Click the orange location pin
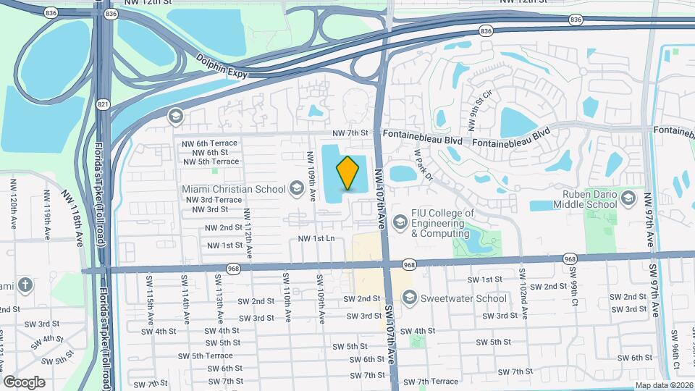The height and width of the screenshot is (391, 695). pos(348,172)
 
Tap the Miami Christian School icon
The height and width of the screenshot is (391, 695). pos(295,189)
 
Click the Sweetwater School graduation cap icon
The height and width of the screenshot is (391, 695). pos(410,298)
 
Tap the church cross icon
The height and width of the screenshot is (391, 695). pos(25,285)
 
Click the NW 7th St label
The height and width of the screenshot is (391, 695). pos(350,133)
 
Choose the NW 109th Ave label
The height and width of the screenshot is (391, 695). pos(311,175)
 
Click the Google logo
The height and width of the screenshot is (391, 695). pos(25,382)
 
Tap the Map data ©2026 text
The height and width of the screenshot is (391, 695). pos(663,385)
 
